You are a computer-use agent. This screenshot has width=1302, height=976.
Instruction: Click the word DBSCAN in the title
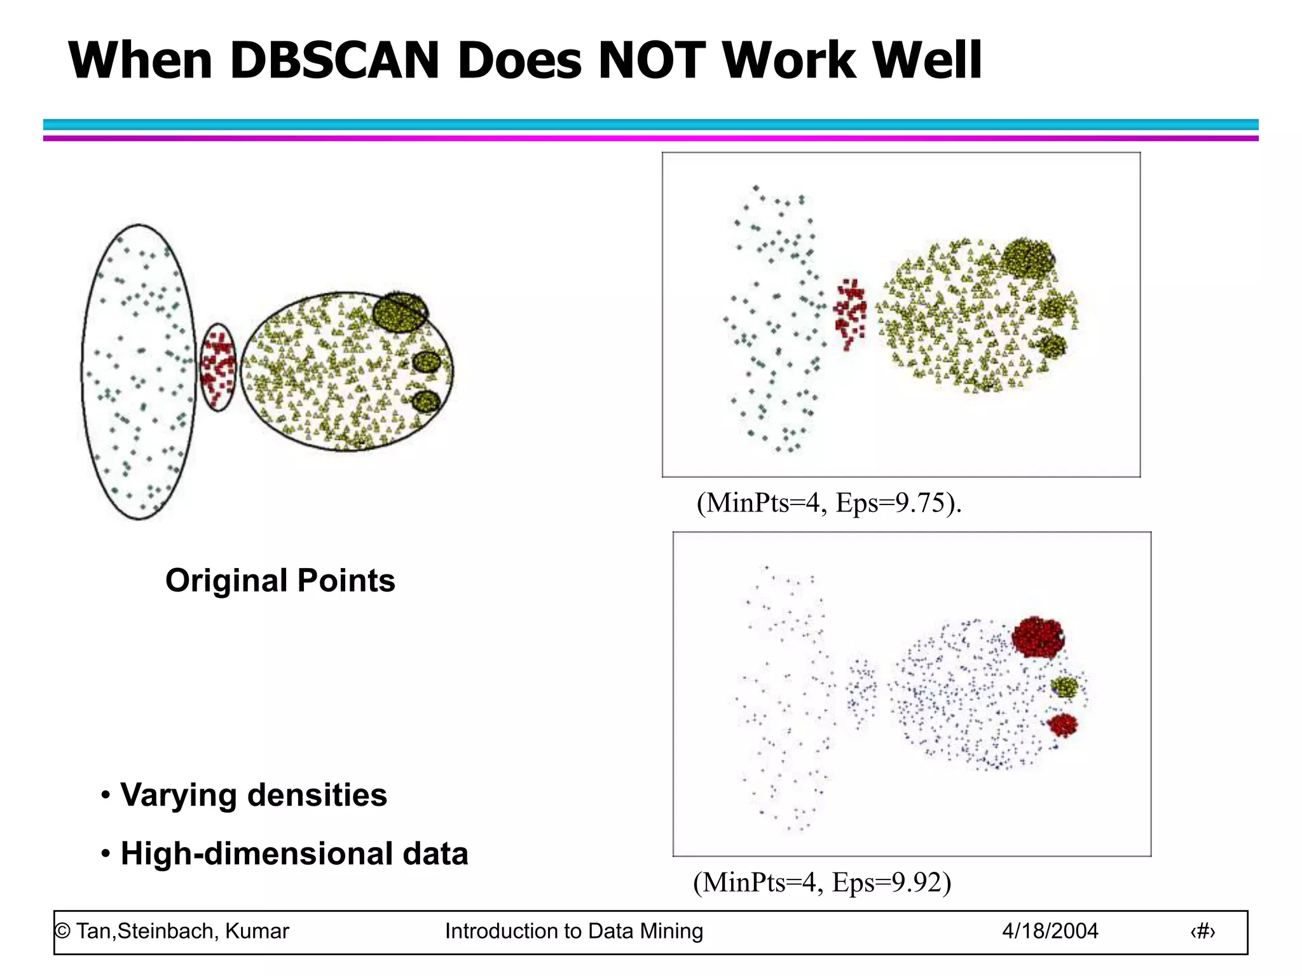click(334, 61)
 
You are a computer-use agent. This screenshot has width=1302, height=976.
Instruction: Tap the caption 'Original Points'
click(280, 581)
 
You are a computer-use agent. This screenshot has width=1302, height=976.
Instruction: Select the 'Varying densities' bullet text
click(253, 795)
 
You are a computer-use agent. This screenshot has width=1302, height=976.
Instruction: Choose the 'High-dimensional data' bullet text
click(294, 853)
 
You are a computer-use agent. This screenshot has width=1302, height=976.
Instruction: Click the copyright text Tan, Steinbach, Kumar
click(172, 932)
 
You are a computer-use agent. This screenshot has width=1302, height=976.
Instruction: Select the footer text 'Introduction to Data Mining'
click(573, 932)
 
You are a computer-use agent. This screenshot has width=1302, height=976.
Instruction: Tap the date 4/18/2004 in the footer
click(1050, 932)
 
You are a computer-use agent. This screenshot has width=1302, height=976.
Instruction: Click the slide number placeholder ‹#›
click(1202, 932)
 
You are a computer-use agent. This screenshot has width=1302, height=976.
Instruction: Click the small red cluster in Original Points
click(218, 367)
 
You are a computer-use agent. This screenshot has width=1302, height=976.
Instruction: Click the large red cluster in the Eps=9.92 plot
click(1038, 636)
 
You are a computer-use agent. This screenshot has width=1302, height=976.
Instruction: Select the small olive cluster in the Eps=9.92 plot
click(1064, 687)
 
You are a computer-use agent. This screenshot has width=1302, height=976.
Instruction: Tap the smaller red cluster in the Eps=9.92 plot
click(1062, 724)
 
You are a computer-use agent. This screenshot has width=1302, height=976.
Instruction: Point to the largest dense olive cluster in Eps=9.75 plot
click(1026, 257)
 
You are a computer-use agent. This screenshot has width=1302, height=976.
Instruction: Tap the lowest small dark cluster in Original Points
click(426, 402)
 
